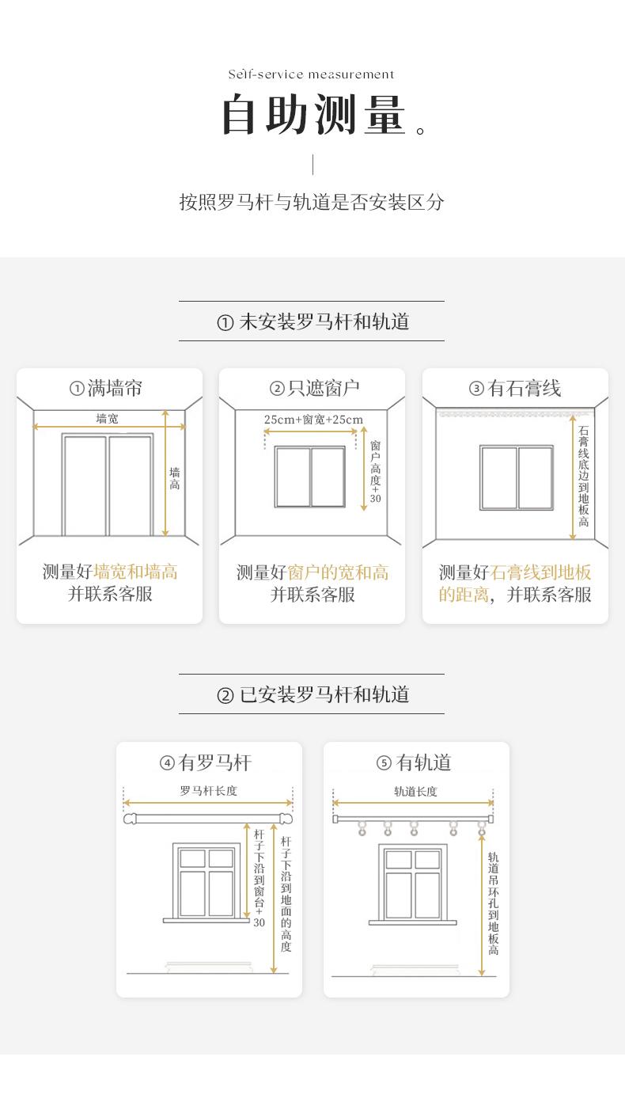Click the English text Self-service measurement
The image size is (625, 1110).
tap(311, 74)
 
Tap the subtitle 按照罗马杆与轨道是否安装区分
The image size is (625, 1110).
tap(312, 202)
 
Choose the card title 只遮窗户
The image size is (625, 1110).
tap(323, 388)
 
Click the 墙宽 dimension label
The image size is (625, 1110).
tap(107, 419)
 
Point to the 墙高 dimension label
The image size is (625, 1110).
tap(174, 478)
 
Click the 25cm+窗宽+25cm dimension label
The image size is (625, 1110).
tap(313, 420)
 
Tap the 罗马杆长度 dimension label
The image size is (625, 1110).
tap(208, 790)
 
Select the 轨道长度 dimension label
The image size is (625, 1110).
tap(415, 791)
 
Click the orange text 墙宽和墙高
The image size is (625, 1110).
tap(135, 572)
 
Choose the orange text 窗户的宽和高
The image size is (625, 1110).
tap(338, 572)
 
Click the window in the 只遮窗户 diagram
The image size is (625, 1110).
tap(310, 477)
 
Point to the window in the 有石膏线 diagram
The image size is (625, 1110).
tap(516, 477)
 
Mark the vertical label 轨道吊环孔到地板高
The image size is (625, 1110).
tap(493, 903)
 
